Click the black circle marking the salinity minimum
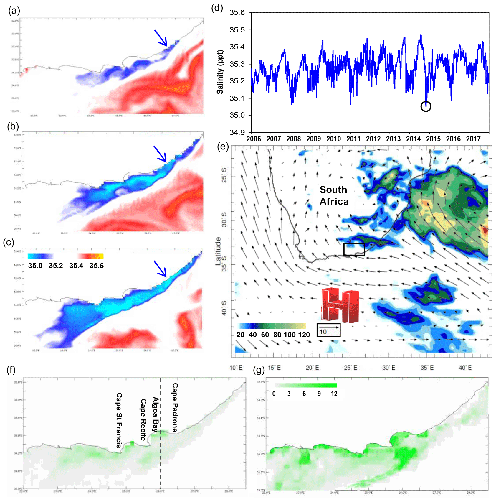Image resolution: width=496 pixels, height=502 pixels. [426, 106]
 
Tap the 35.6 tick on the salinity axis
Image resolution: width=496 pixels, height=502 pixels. [237, 13]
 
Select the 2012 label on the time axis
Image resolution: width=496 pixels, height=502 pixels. [373, 139]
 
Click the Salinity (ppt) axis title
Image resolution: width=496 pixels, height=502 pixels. [220, 72]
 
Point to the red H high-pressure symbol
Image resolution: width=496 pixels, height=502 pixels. [340, 305]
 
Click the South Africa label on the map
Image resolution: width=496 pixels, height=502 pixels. [334, 195]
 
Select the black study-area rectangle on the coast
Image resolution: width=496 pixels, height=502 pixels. [354, 249]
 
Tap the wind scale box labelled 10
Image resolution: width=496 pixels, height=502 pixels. [328, 330]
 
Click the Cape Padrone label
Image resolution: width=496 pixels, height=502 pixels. [175, 407]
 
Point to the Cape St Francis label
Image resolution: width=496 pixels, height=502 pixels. [119, 420]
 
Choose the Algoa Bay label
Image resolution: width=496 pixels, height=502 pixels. [155, 414]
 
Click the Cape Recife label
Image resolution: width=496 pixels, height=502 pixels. [143, 420]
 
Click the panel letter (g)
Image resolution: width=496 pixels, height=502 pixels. [259, 370]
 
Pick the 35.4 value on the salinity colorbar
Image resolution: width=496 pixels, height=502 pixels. [76, 266]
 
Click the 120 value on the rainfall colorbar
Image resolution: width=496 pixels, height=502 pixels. [303, 335]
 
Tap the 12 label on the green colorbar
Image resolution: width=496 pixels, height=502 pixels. [334, 394]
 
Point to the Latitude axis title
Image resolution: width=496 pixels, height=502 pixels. [218, 251]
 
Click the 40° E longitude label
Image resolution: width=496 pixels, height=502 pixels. [465, 368]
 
